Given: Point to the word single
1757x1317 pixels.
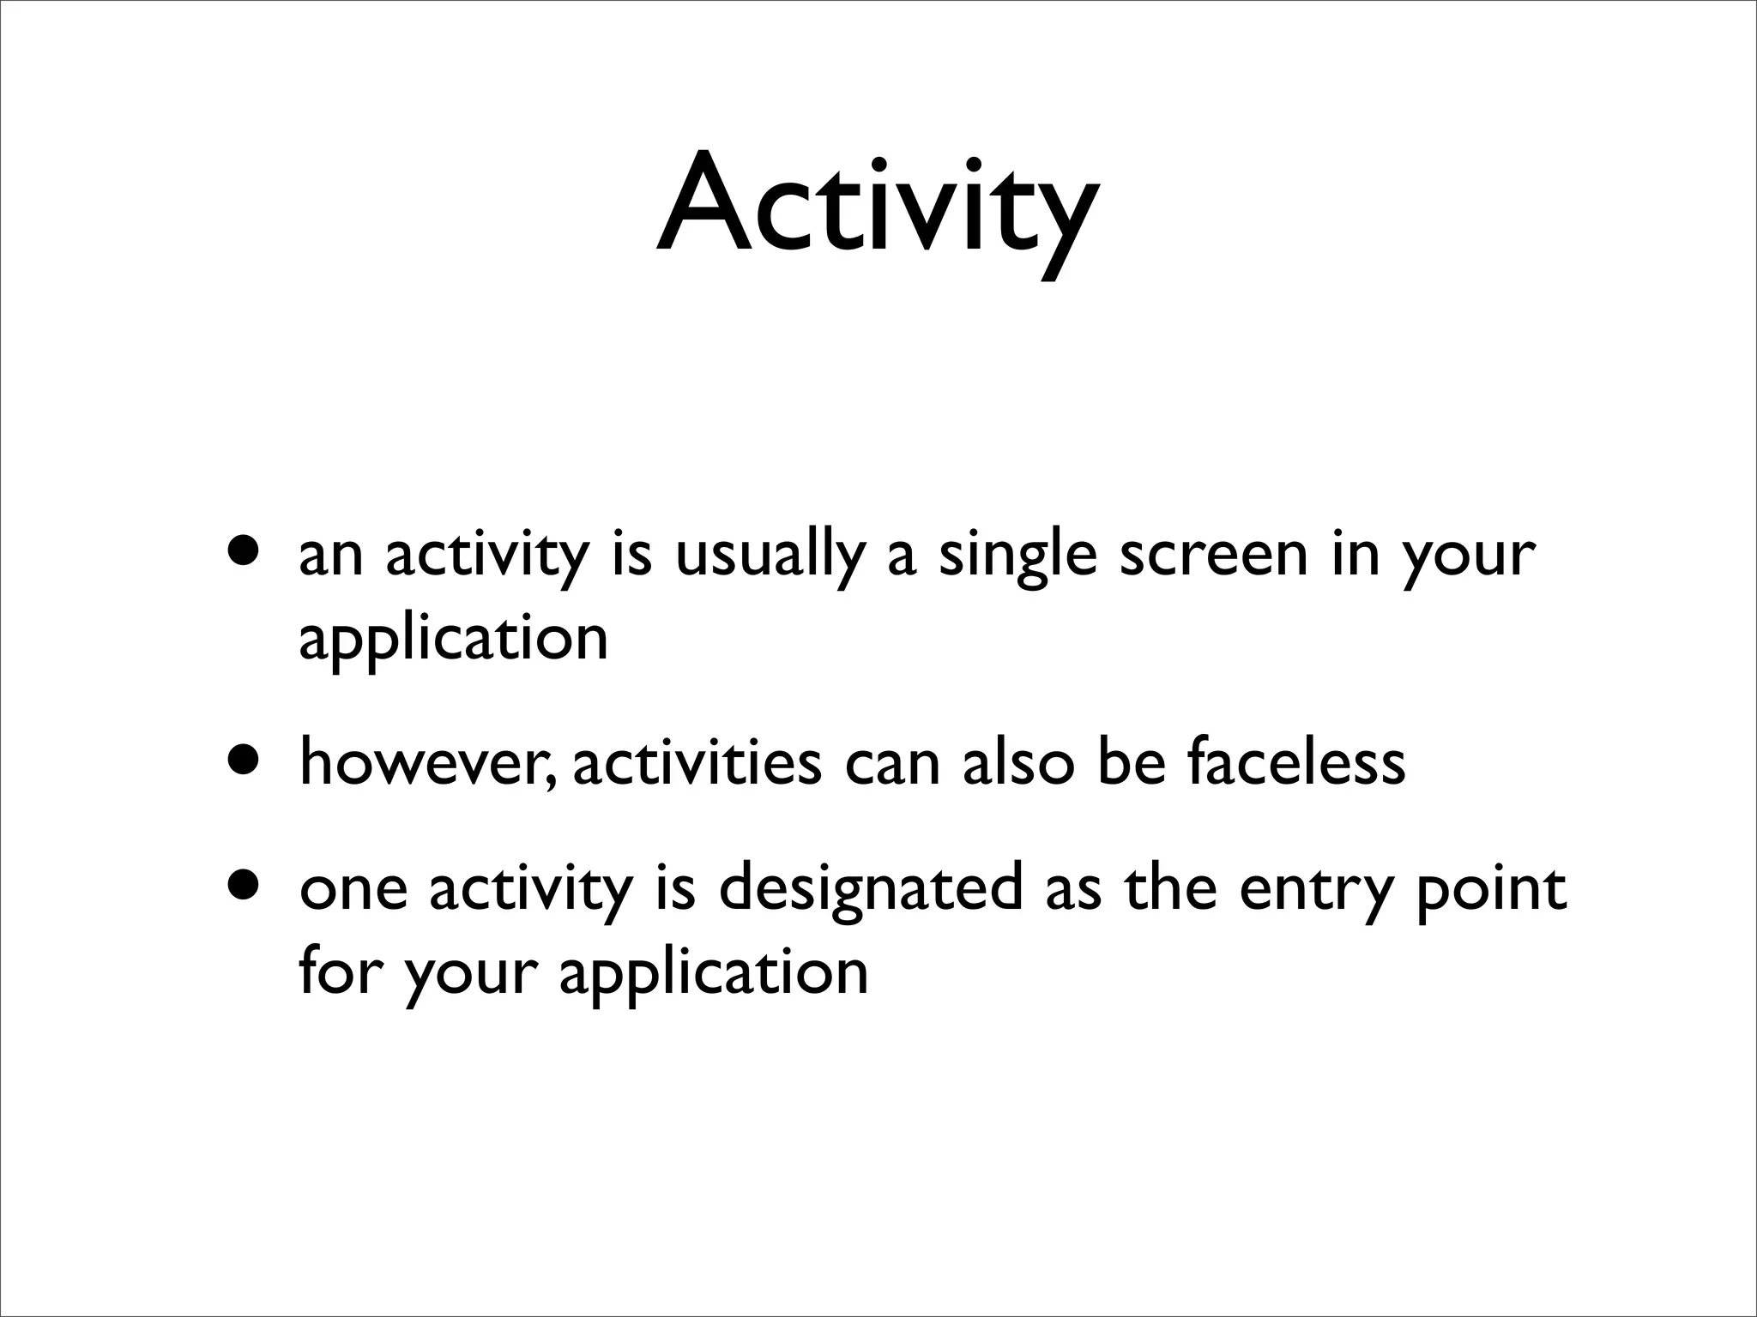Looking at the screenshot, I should coord(1017,556).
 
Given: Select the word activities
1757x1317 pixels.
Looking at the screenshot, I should coord(697,762).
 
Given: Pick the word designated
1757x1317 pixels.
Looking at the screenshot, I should coord(870,890).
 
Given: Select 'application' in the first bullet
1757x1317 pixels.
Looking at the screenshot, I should coord(453,640).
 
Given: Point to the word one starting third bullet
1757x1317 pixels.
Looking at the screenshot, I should coord(353,890).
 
